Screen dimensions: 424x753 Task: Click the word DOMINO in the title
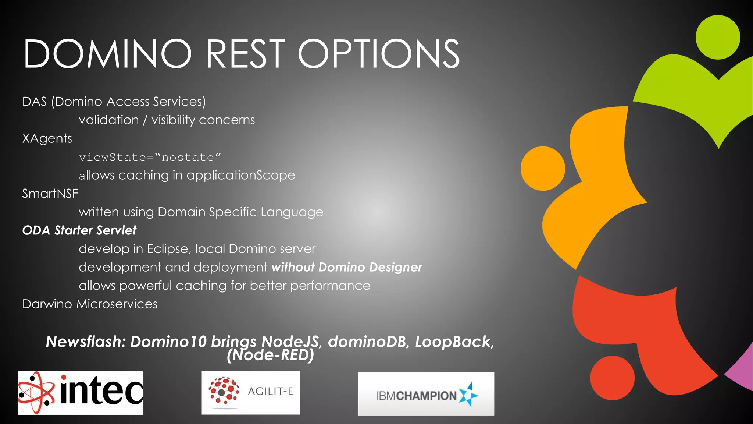pos(107,54)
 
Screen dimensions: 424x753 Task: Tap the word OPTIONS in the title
pos(379,54)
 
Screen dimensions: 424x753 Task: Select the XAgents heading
pos(47,139)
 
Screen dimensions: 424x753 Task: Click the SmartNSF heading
pos(50,194)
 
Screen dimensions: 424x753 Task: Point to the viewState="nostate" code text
pos(150,158)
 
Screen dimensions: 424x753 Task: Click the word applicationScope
pos(240,175)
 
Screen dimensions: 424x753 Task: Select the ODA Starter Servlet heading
pos(79,230)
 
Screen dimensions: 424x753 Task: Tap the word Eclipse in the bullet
pos(169,249)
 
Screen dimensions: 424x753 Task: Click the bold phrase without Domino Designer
pos(346,267)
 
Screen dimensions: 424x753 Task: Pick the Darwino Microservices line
pos(90,304)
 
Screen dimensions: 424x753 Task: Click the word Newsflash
pos(86,342)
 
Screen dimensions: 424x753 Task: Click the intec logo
pos(81,393)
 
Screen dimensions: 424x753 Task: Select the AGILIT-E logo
pos(251,393)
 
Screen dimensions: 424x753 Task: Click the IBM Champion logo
pos(426,394)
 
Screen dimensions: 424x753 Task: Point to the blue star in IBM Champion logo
pos(468,395)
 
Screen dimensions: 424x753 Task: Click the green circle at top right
pos(718,37)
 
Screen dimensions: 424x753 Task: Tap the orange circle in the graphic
pos(543,169)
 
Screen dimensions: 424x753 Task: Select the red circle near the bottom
pos(612,378)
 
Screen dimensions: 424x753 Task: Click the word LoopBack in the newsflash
pos(454,342)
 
